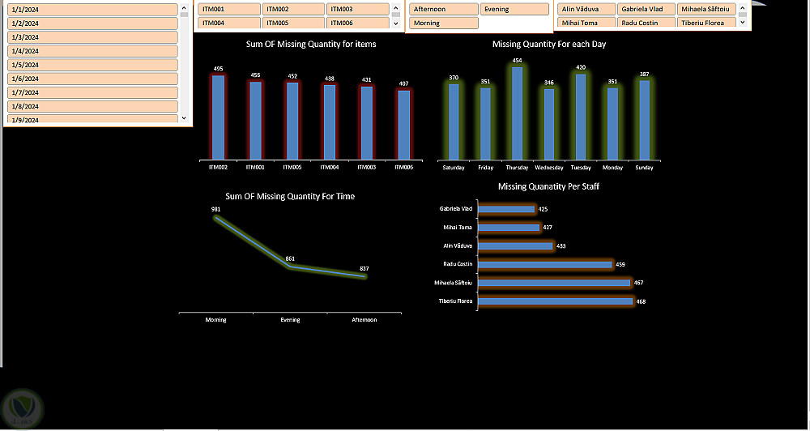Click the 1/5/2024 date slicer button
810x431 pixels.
point(92,65)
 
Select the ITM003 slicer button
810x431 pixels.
point(358,9)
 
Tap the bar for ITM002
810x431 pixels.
point(218,117)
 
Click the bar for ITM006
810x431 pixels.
point(403,125)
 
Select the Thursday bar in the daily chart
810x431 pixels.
point(517,113)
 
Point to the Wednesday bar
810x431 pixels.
point(548,123)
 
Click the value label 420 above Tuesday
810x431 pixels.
point(581,67)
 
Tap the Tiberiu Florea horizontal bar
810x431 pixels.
point(555,301)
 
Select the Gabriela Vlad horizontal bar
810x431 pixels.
point(506,209)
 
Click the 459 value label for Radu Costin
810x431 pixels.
point(620,264)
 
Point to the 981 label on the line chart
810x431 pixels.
point(215,209)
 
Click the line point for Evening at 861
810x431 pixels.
point(290,267)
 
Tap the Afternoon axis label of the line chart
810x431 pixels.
point(364,320)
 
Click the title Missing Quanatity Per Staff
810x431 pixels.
point(548,186)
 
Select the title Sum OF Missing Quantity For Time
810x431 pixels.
point(289,196)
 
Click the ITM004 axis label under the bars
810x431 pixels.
point(330,168)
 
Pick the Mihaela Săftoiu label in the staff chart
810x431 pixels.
point(454,283)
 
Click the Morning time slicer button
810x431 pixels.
point(443,23)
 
